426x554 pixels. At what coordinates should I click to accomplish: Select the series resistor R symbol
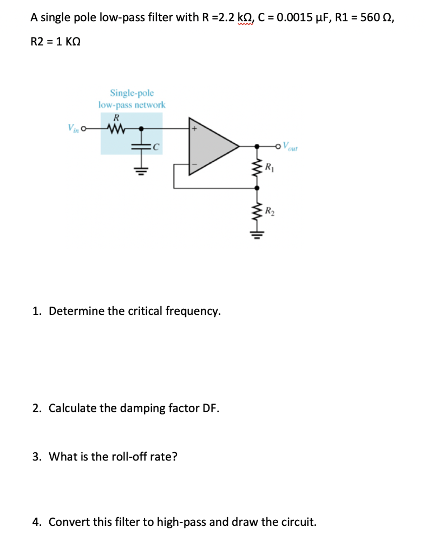pyautogui.click(x=115, y=129)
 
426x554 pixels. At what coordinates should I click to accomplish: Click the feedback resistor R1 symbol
pyautogui.click(x=257, y=166)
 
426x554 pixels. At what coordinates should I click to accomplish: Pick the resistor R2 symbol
pyautogui.click(x=257, y=210)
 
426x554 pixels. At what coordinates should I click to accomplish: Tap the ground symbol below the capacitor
pyautogui.click(x=142, y=169)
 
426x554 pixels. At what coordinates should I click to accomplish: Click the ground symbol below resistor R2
pyautogui.click(x=257, y=235)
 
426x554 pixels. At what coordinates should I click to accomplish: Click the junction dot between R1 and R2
pyautogui.click(x=257, y=188)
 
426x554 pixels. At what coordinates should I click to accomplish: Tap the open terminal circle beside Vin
pyautogui.click(x=83, y=129)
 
